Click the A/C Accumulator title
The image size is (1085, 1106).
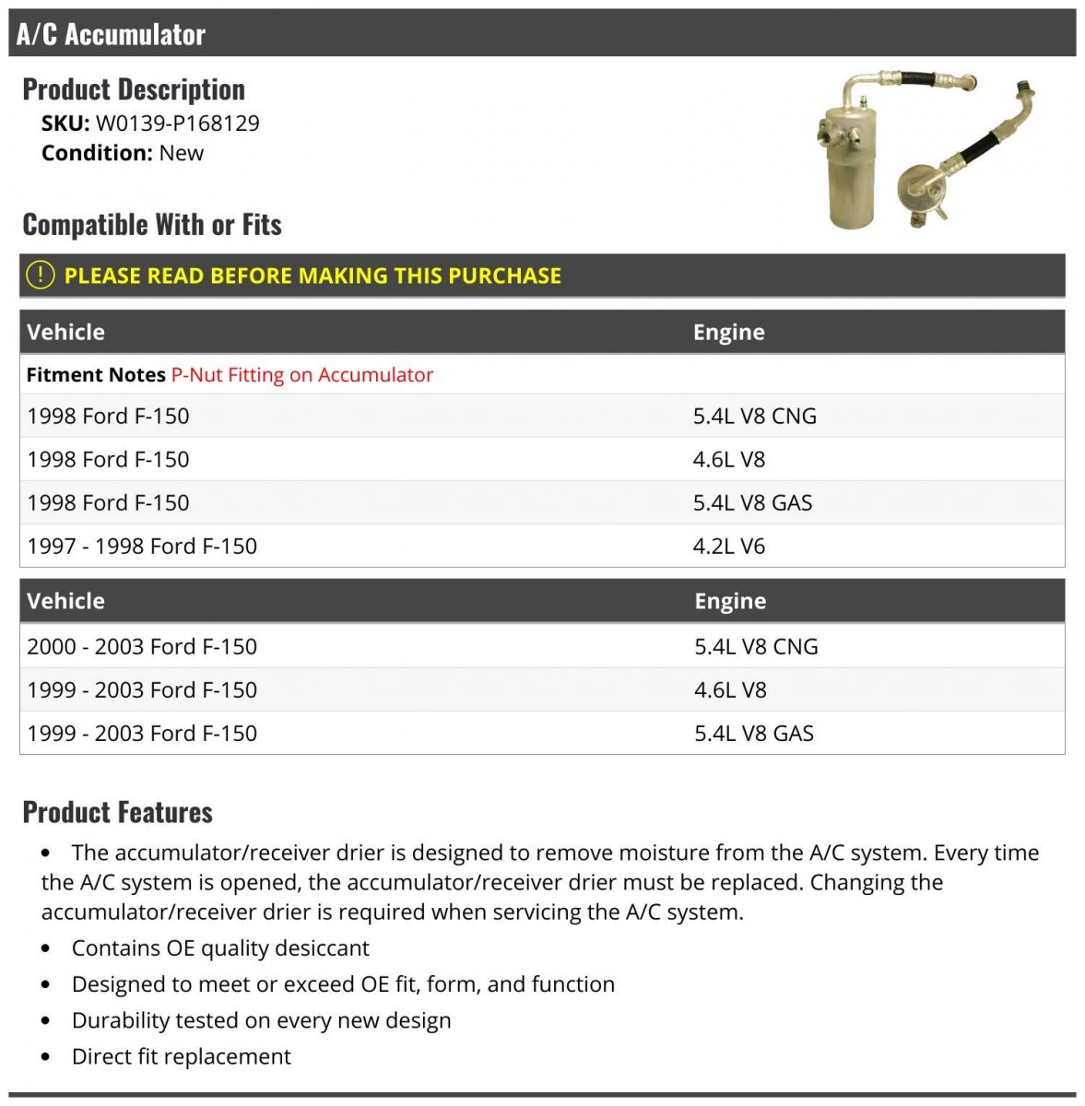[x=111, y=34]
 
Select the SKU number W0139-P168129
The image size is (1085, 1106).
[x=177, y=123]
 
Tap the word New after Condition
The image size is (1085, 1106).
[x=181, y=153]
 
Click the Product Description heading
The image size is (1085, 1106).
[x=134, y=89]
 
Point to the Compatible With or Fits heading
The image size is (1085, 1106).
[x=152, y=224]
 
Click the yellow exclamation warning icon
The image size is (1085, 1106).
[x=40, y=275]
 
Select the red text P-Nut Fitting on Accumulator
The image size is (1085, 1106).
[x=301, y=375]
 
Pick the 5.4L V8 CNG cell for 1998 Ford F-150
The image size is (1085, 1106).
[x=754, y=416]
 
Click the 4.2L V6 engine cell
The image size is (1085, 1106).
[x=728, y=546]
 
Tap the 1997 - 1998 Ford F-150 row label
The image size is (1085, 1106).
[x=142, y=546]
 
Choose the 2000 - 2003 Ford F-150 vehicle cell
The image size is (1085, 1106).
[x=142, y=646]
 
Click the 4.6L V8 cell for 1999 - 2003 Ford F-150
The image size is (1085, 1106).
[x=730, y=689]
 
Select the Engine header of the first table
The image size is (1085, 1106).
[x=728, y=332]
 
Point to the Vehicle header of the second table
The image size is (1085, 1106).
[x=65, y=601]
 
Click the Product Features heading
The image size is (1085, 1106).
[x=117, y=812]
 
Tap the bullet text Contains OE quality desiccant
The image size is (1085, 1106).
[x=220, y=947]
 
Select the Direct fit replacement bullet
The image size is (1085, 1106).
[x=181, y=1056]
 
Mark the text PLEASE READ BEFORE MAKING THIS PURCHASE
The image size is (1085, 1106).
[x=313, y=276]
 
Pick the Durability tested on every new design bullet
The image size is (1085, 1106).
[x=261, y=1020]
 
